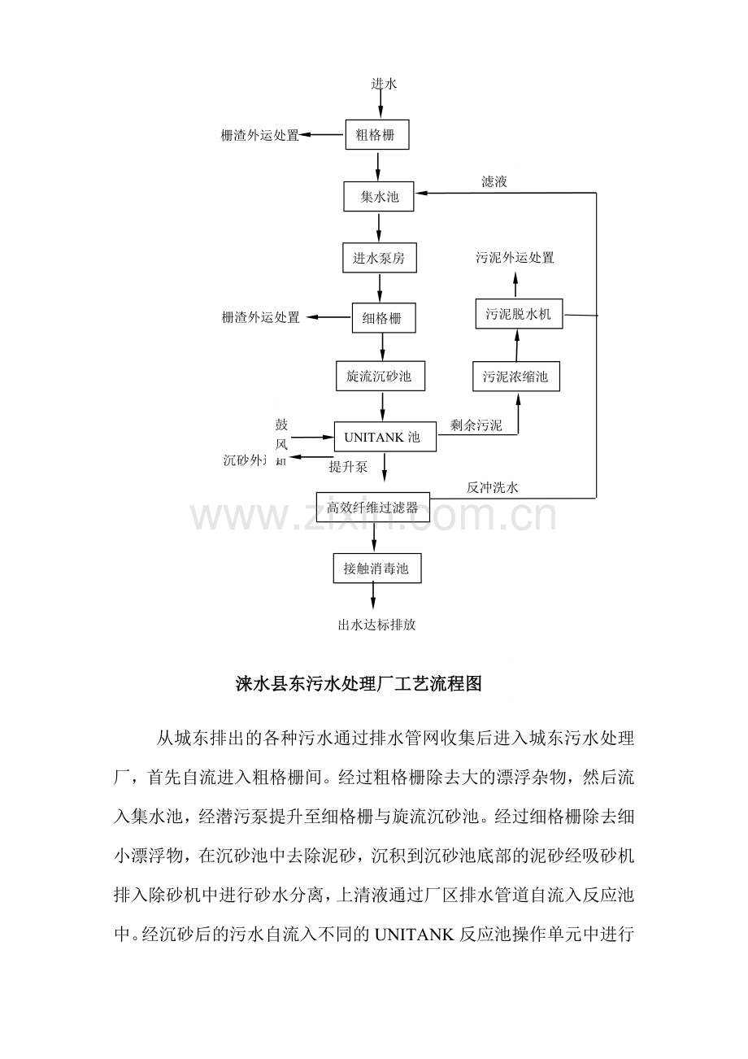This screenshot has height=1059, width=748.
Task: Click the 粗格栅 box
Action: [376, 135]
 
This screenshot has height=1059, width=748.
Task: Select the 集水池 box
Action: [379, 196]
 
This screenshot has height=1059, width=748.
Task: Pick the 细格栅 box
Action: [383, 318]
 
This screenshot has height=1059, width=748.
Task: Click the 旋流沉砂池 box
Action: [380, 377]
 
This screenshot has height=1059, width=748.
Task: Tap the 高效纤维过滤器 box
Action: [372, 508]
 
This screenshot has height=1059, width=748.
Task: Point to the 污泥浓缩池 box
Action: [516, 377]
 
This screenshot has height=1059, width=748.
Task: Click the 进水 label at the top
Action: [383, 84]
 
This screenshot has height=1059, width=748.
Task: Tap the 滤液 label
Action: [494, 181]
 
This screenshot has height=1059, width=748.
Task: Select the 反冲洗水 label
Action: [492, 488]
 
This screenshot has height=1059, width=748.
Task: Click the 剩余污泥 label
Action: [476, 425]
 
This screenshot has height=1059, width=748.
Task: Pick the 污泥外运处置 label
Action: [515, 258]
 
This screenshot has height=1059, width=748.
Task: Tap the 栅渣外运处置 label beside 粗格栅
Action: [260, 135]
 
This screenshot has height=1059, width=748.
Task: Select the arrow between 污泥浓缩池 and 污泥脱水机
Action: [516, 346]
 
